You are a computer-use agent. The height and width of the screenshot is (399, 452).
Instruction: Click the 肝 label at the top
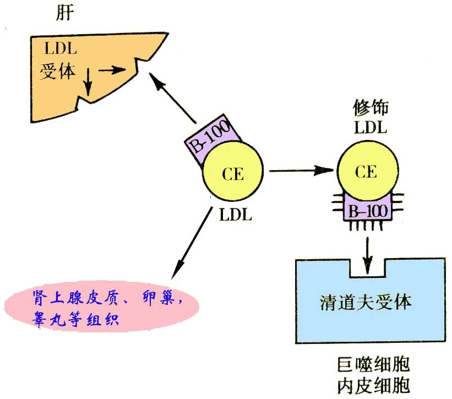click(x=64, y=14)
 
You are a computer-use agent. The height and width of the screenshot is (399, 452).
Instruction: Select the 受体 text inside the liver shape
click(x=58, y=72)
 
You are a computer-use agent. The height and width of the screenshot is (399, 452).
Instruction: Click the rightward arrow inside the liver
click(x=117, y=70)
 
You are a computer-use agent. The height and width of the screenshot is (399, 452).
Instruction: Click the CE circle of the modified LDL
click(x=366, y=172)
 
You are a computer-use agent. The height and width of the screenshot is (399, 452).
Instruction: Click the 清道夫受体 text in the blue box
click(x=366, y=302)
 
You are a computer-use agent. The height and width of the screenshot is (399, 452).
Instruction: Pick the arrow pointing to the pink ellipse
click(x=192, y=243)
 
